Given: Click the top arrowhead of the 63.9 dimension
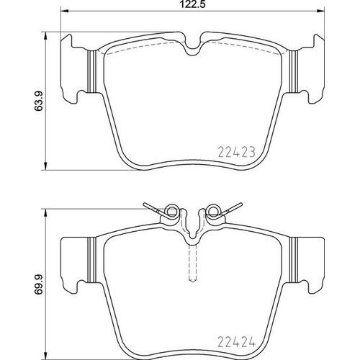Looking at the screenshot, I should tap(47, 33).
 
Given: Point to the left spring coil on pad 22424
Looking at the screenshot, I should tap(171, 211).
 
